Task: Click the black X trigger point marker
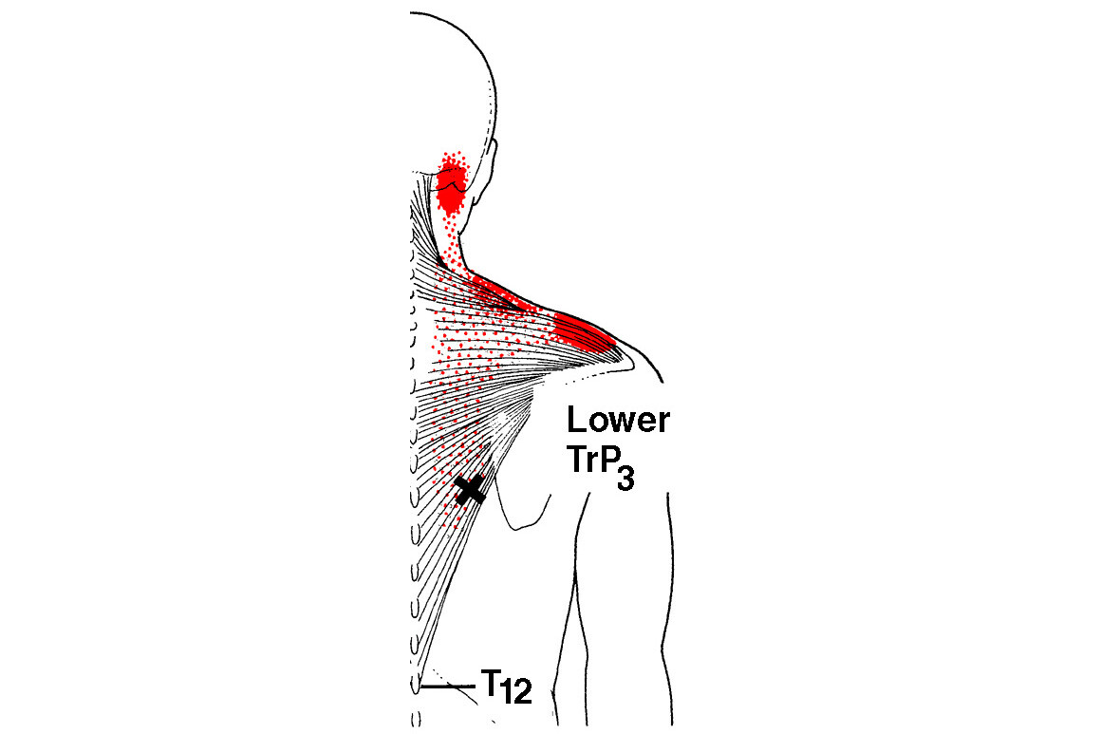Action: coord(470,489)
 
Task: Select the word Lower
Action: coord(618,420)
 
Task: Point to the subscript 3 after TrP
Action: coord(625,479)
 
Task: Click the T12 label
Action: coord(506,687)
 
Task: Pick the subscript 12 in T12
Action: coord(517,692)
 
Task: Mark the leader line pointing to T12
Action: coord(449,687)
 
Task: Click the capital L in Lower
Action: coord(575,420)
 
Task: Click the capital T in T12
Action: coord(491,683)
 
